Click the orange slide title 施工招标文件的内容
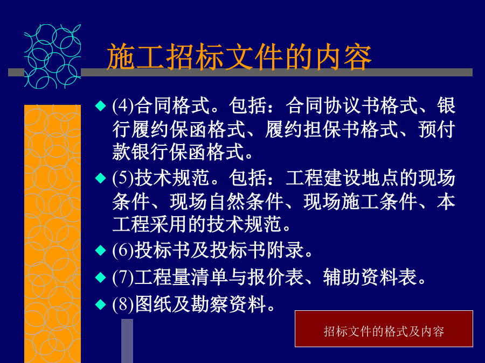point(239,57)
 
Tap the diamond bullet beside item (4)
point(101,105)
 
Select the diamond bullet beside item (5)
point(101,178)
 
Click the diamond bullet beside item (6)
point(101,250)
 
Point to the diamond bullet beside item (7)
point(101,277)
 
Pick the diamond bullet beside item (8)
point(101,304)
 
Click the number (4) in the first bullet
point(123,105)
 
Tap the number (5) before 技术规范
point(123,178)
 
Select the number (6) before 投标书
point(123,250)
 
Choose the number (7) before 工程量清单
point(123,277)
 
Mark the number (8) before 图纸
point(123,304)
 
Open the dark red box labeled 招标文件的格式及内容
point(384,329)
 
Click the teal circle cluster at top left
point(53,56)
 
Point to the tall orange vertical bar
point(53,234)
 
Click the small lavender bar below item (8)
point(127,341)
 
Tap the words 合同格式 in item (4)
point(172,105)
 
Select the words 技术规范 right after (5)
point(172,178)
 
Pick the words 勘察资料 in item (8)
point(228,304)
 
